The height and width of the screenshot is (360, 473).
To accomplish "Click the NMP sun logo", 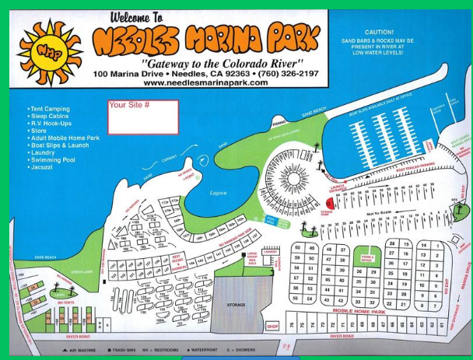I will click(44, 50).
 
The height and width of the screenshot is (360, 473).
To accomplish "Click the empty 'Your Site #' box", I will click(142, 117).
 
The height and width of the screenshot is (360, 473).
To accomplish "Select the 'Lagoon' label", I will click(219, 194).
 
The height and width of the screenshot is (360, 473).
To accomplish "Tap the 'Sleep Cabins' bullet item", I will click(49, 117).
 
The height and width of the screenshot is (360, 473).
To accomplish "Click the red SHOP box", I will click(272, 327).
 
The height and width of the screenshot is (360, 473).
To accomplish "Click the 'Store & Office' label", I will click(366, 258).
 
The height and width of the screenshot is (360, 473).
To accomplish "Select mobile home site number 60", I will click(296, 248).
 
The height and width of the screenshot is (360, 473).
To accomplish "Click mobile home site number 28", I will click(392, 243).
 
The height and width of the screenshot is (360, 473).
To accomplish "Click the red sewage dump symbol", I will click(329, 201).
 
